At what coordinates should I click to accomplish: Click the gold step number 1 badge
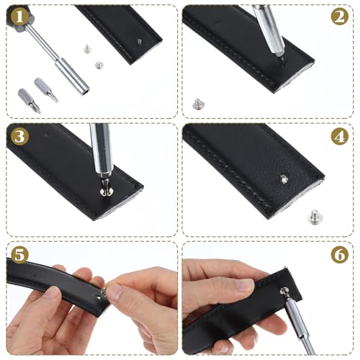(x=19, y=17)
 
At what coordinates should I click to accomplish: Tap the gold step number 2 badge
(x=340, y=17)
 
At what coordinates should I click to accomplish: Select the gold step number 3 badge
(x=19, y=136)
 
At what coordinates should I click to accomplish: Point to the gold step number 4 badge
(x=340, y=136)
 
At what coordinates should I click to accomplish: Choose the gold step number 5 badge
(x=19, y=255)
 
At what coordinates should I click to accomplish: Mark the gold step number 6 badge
(x=340, y=255)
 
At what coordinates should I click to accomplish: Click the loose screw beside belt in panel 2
(x=198, y=104)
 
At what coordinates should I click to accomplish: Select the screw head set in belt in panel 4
(x=284, y=179)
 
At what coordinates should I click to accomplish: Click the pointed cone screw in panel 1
(x=87, y=48)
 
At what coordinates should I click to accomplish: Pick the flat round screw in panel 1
(x=98, y=65)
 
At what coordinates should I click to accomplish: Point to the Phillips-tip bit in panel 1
(x=30, y=101)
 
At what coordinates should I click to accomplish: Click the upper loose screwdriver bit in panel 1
(x=46, y=90)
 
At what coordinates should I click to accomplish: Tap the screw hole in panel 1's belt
(x=140, y=42)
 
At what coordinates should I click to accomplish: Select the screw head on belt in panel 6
(x=284, y=292)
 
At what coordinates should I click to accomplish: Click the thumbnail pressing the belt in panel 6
(x=244, y=285)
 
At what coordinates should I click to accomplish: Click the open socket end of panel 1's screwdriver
(x=86, y=91)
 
